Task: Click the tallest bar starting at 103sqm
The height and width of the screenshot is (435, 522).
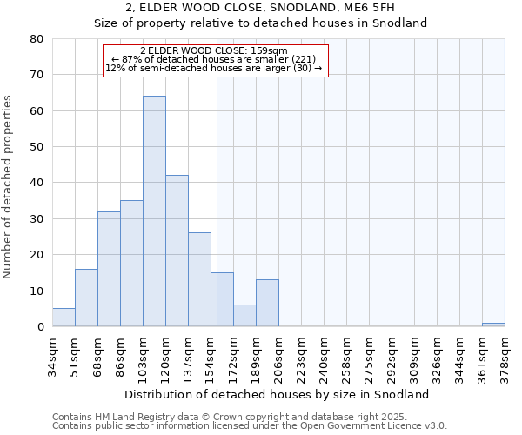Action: [154, 211]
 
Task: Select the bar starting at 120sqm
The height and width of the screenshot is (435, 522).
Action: [177, 251]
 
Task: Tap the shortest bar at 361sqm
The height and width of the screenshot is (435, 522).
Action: [493, 325]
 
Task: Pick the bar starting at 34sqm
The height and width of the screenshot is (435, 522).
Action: [64, 318]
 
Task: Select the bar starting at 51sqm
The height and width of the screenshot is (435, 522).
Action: [86, 298]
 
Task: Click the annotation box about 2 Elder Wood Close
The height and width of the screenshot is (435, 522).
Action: [215, 61]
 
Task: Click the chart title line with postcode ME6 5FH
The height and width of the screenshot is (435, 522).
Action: [261, 8]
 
